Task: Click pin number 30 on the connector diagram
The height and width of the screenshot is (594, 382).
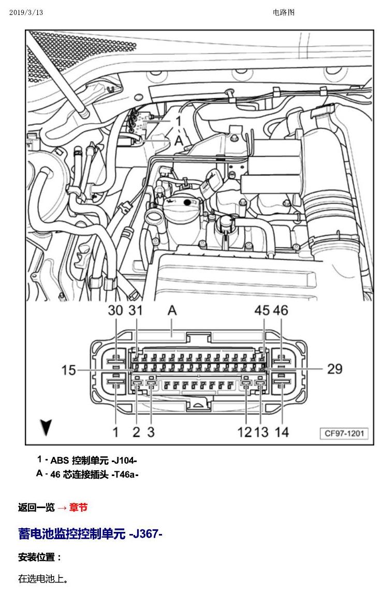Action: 115,310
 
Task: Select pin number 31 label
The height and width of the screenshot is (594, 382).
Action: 136,310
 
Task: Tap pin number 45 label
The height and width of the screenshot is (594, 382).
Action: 262,310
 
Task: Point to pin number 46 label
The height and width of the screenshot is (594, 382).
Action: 281,310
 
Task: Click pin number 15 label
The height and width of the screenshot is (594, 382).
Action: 69,370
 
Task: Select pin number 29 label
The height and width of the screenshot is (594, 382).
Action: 334,368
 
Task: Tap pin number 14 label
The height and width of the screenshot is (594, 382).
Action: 282,432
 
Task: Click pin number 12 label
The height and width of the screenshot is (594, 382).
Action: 245,432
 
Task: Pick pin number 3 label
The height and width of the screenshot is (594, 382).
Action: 151,432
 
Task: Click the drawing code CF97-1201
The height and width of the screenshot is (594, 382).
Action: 344,434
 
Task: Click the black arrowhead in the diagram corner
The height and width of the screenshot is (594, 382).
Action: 46,427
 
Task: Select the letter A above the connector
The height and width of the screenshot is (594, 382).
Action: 172,310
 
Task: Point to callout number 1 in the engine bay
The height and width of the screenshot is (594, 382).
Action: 179,121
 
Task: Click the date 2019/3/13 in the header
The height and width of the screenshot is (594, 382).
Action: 26,12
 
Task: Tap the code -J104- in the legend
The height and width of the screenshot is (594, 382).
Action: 124,461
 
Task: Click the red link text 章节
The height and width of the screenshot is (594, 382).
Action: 79,507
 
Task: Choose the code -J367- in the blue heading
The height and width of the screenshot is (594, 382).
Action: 145,534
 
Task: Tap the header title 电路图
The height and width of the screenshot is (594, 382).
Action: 284,12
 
